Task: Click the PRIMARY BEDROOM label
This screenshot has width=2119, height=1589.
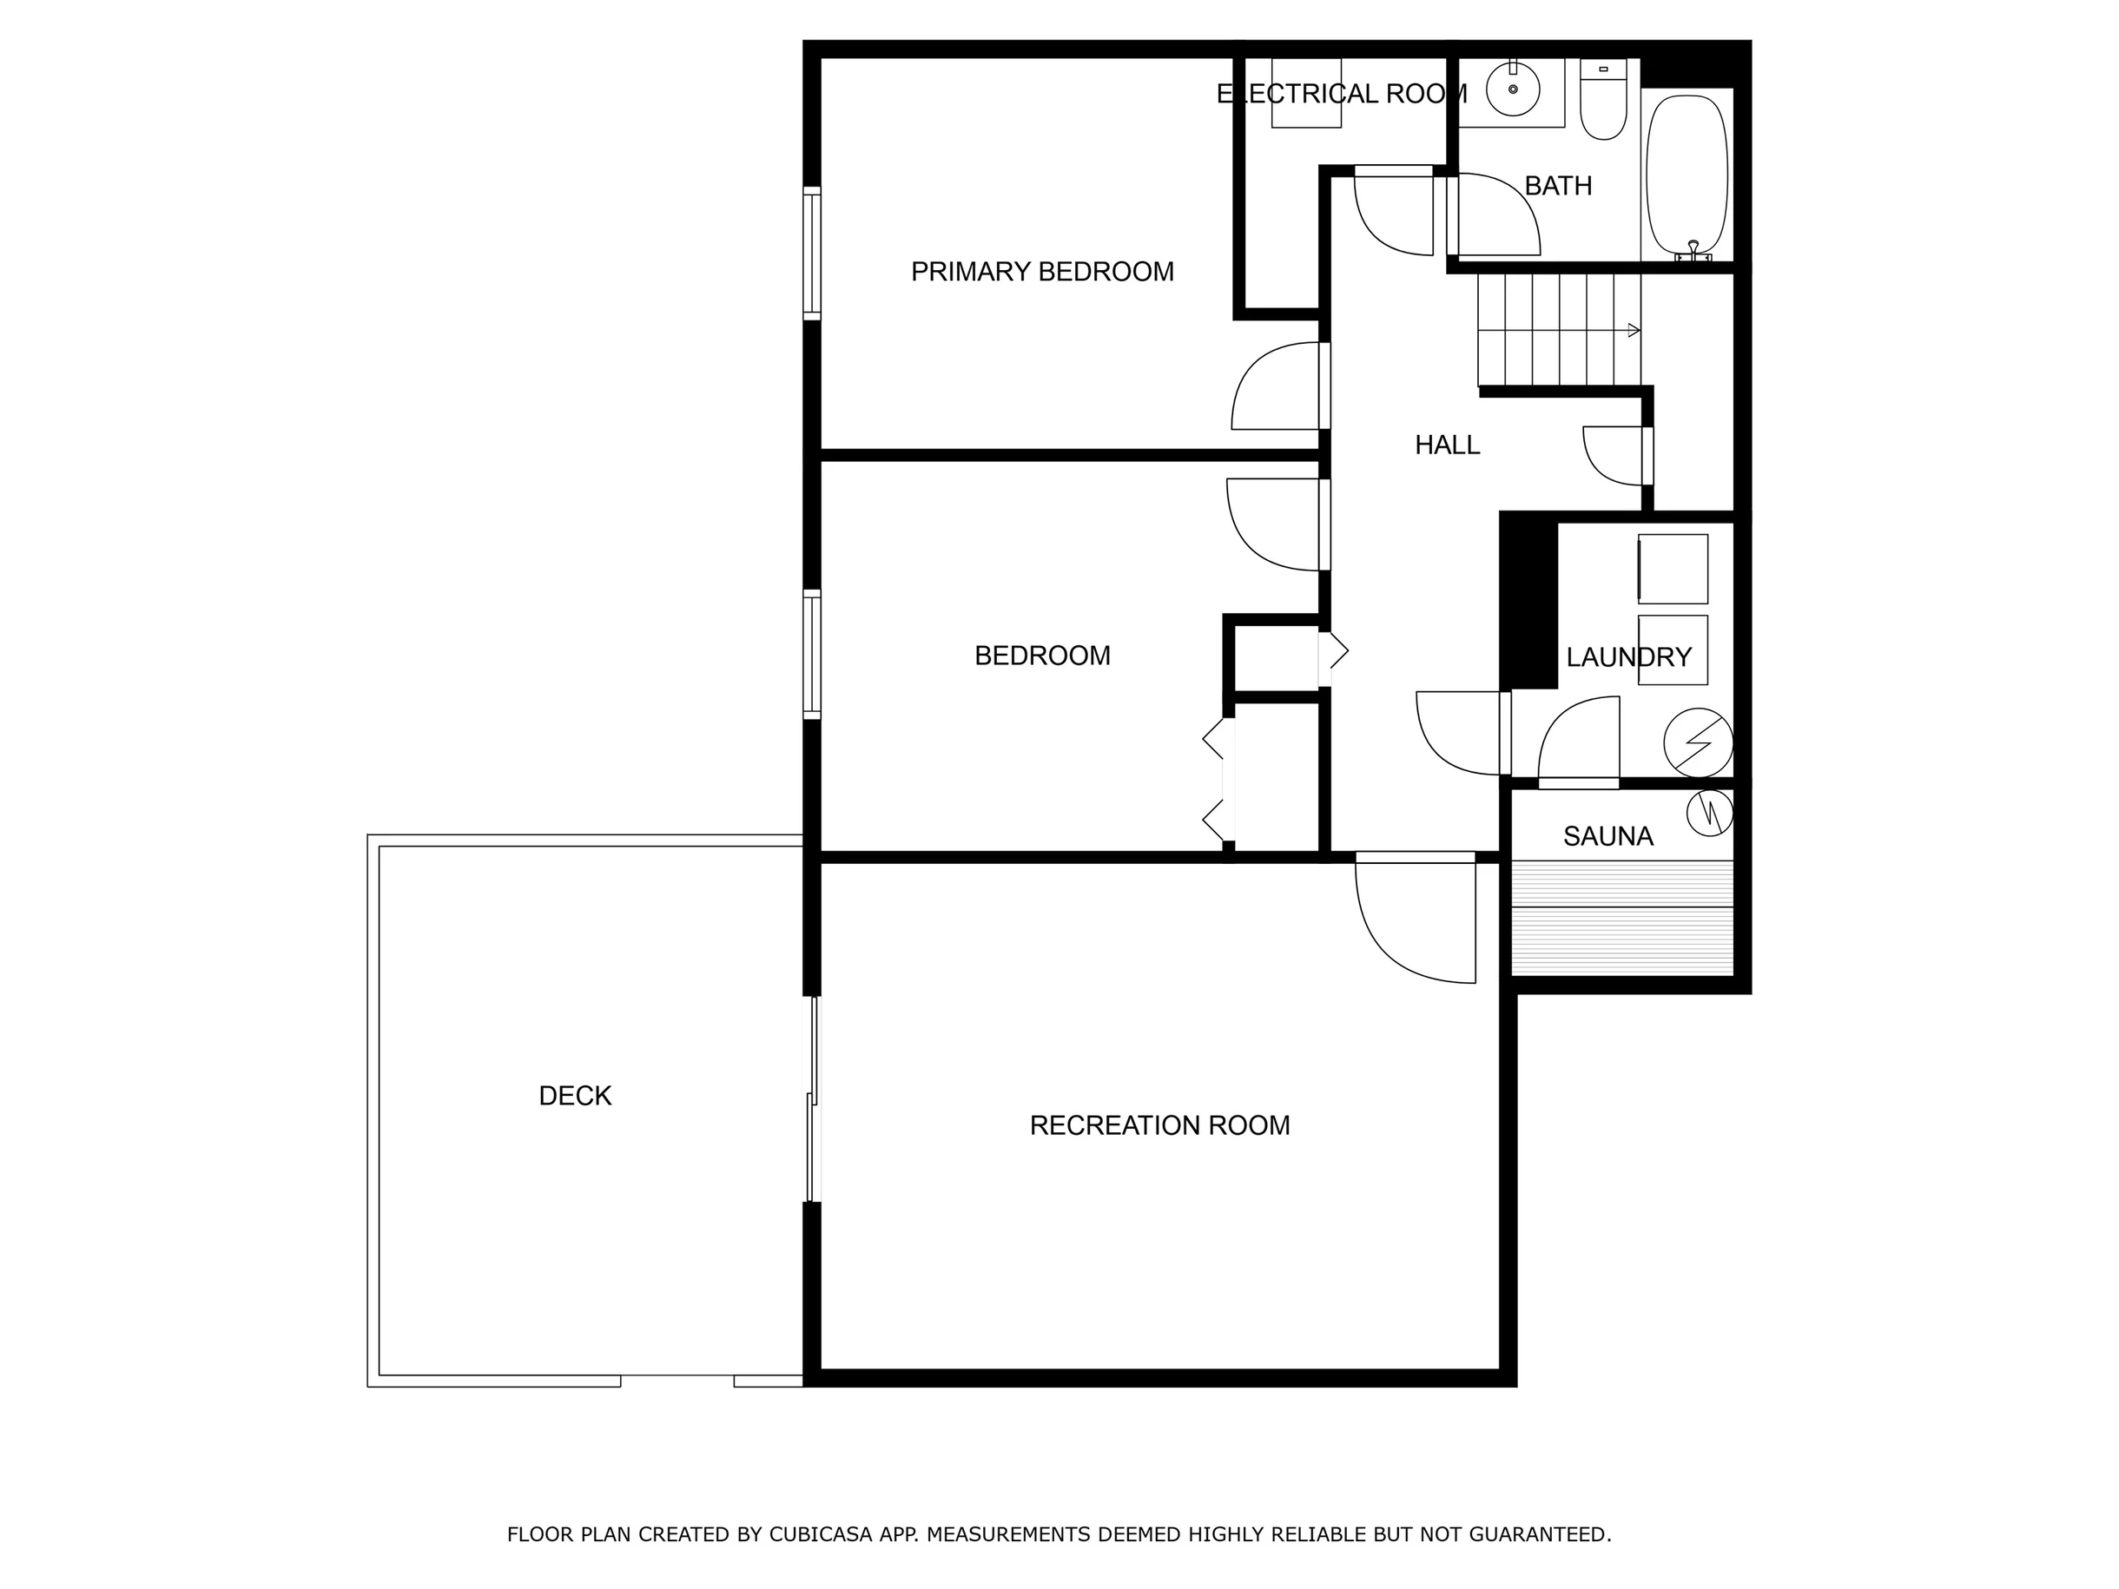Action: pyautogui.click(x=1042, y=272)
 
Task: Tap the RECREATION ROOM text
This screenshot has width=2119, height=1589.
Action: pyautogui.click(x=1159, y=1125)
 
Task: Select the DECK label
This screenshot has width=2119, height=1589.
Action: pyautogui.click(x=575, y=1096)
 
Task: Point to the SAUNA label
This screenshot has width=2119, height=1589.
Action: pyautogui.click(x=1608, y=837)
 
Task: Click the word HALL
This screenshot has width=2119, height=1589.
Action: pyautogui.click(x=1448, y=445)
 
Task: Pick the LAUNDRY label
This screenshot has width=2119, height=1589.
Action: pyautogui.click(x=1628, y=657)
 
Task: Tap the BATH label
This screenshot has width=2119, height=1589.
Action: pyautogui.click(x=1559, y=186)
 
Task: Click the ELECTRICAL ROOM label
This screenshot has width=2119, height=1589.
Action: pyautogui.click(x=1342, y=94)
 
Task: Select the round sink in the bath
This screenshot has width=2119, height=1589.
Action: pyautogui.click(x=1514, y=89)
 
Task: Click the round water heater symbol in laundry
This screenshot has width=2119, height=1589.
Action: pyautogui.click(x=1699, y=742)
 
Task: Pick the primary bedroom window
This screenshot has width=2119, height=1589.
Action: pyautogui.click(x=812, y=254)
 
